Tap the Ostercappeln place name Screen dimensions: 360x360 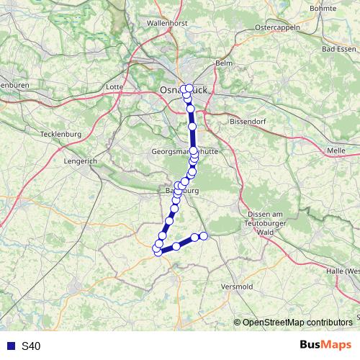277,27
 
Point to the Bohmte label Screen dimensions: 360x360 342,8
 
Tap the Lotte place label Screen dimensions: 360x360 114,86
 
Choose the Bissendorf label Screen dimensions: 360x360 248,122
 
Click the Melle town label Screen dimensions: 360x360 336,150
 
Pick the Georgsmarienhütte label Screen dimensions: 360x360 185,153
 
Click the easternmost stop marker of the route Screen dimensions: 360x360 204,236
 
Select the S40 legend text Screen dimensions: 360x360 31,346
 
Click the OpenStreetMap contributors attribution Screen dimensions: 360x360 297,322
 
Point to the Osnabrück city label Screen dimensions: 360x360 183,89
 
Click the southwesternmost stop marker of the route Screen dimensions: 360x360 158,251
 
